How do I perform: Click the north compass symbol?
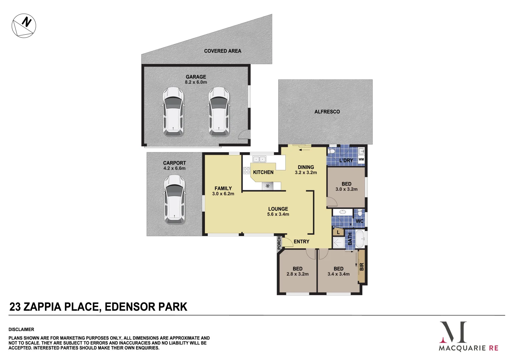(24, 26)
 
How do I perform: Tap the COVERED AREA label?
(222, 51)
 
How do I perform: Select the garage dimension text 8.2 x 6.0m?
(196, 82)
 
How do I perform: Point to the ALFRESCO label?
(327, 112)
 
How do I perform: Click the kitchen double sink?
(259, 159)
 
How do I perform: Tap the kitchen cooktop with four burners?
(247, 171)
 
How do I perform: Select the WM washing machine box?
(361, 160)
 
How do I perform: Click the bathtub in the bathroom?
(359, 238)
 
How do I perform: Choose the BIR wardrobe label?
(362, 267)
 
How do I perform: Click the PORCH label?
(279, 243)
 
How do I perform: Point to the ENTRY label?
(301, 242)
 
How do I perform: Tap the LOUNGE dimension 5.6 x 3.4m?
(278, 214)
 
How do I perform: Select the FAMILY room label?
(223, 188)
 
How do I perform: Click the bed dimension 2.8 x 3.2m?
(297, 274)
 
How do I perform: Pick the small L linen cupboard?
(338, 232)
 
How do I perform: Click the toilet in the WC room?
(360, 213)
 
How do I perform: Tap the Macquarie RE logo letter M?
(453, 332)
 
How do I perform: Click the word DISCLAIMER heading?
(21, 329)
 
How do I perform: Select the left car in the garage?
(173, 111)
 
